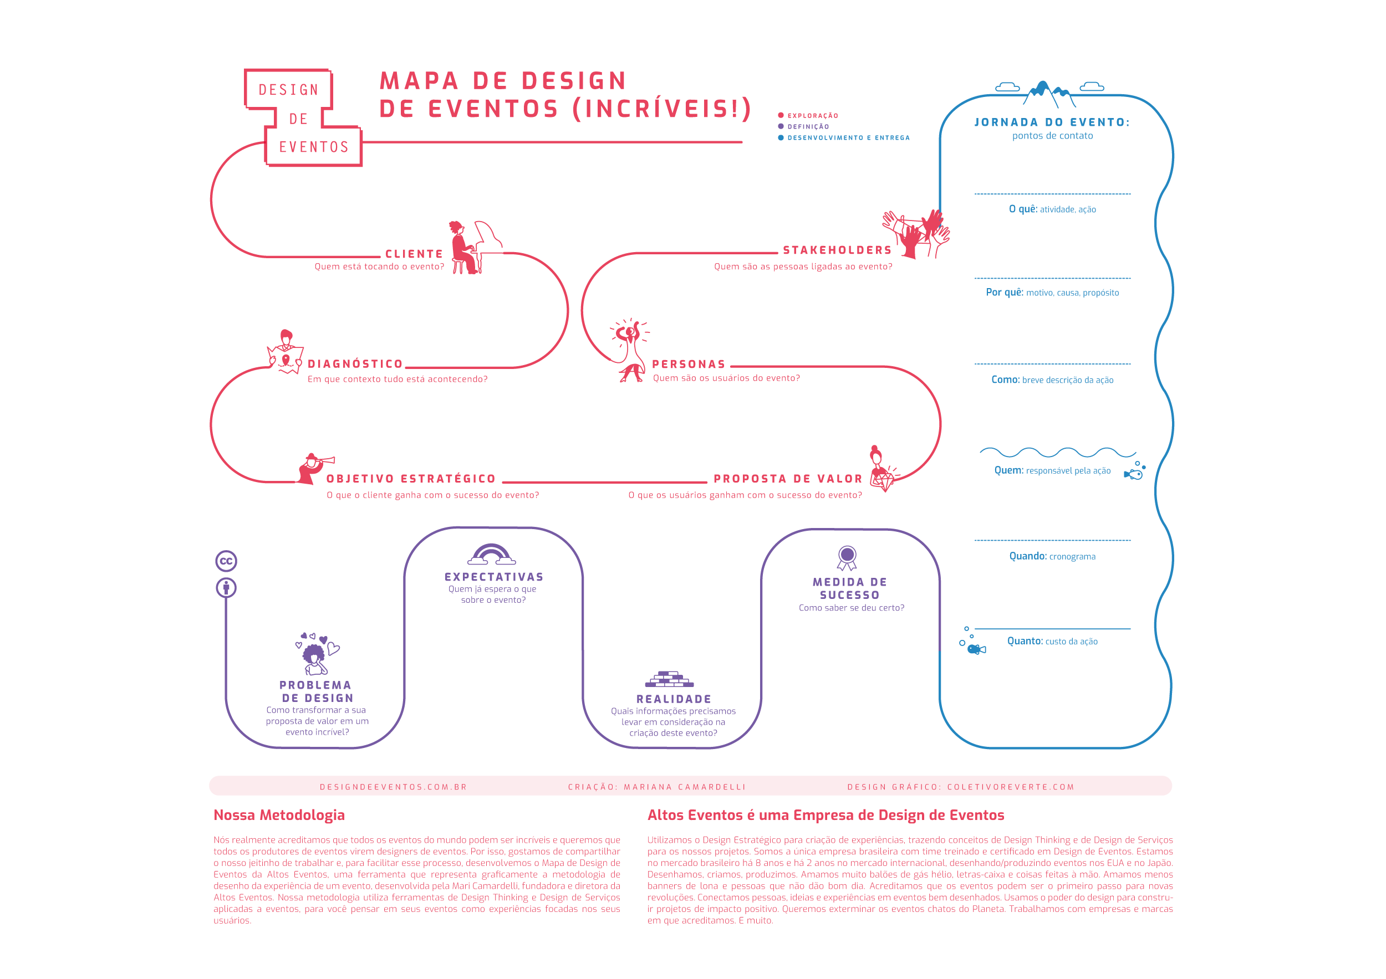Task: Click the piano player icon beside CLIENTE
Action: point(475,247)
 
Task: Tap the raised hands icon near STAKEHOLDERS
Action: point(918,234)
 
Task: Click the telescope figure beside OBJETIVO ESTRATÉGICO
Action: point(314,468)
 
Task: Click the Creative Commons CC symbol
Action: point(226,562)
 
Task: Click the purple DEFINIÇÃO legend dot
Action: point(781,127)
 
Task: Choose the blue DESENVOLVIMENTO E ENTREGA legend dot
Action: point(781,138)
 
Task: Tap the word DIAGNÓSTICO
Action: point(355,364)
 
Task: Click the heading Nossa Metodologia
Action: point(279,815)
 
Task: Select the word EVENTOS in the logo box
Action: point(314,147)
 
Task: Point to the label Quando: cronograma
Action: point(1052,556)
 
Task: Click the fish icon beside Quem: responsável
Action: point(1134,474)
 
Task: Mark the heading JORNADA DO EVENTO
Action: point(1052,122)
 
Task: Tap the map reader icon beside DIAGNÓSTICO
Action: point(285,353)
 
